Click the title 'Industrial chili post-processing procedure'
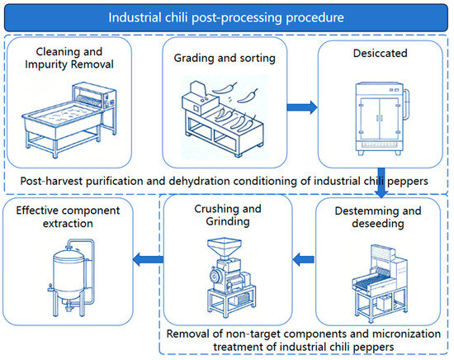226,17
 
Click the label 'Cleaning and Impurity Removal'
69,58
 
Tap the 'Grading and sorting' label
225,59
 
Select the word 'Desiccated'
381,54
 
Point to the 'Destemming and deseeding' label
378,217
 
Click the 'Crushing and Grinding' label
228,216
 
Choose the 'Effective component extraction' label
68,217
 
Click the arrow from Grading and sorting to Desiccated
302,107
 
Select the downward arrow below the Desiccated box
381,182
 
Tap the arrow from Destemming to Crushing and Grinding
303,259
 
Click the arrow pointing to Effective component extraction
148,259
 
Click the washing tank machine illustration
69,120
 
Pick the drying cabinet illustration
381,119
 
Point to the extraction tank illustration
72,277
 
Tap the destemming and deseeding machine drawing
380,283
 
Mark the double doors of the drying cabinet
380,119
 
